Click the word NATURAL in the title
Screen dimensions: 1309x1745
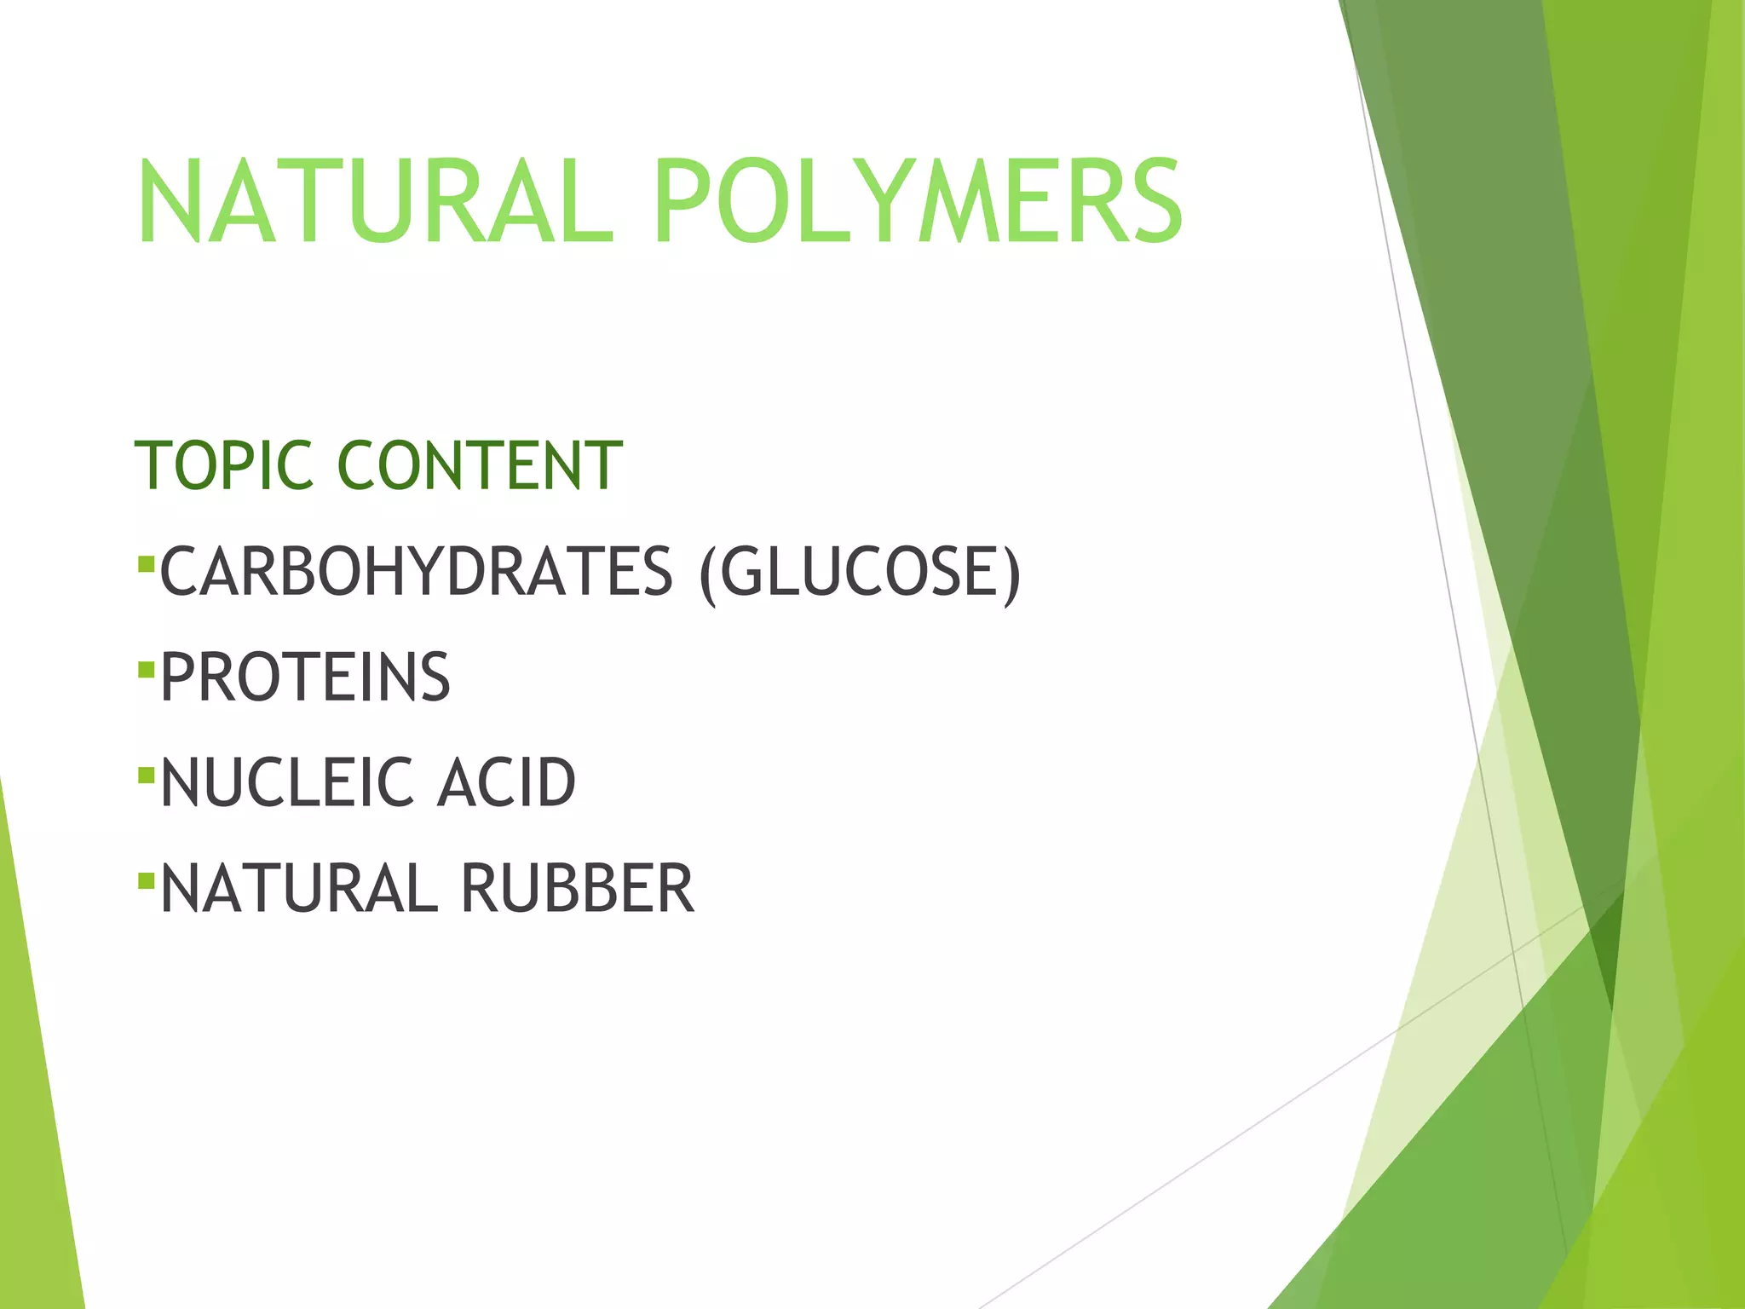(x=375, y=202)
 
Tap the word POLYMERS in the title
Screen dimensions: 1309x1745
(x=919, y=202)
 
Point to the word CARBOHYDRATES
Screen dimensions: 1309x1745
(x=417, y=571)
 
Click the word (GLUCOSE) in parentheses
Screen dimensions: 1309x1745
(x=859, y=573)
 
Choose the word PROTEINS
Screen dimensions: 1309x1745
(x=305, y=678)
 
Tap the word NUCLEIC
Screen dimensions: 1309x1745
(x=275, y=782)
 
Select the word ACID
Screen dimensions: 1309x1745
(x=506, y=782)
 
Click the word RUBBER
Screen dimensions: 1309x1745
(x=578, y=888)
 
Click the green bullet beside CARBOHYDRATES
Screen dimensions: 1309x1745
(x=146, y=563)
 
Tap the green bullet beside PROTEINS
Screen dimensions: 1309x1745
(x=146, y=670)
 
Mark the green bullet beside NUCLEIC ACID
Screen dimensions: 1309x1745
(x=146, y=776)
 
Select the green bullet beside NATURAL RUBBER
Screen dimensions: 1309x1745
(x=146, y=880)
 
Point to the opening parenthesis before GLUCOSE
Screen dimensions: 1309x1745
(x=707, y=573)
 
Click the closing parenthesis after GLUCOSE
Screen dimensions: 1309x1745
(x=1011, y=573)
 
